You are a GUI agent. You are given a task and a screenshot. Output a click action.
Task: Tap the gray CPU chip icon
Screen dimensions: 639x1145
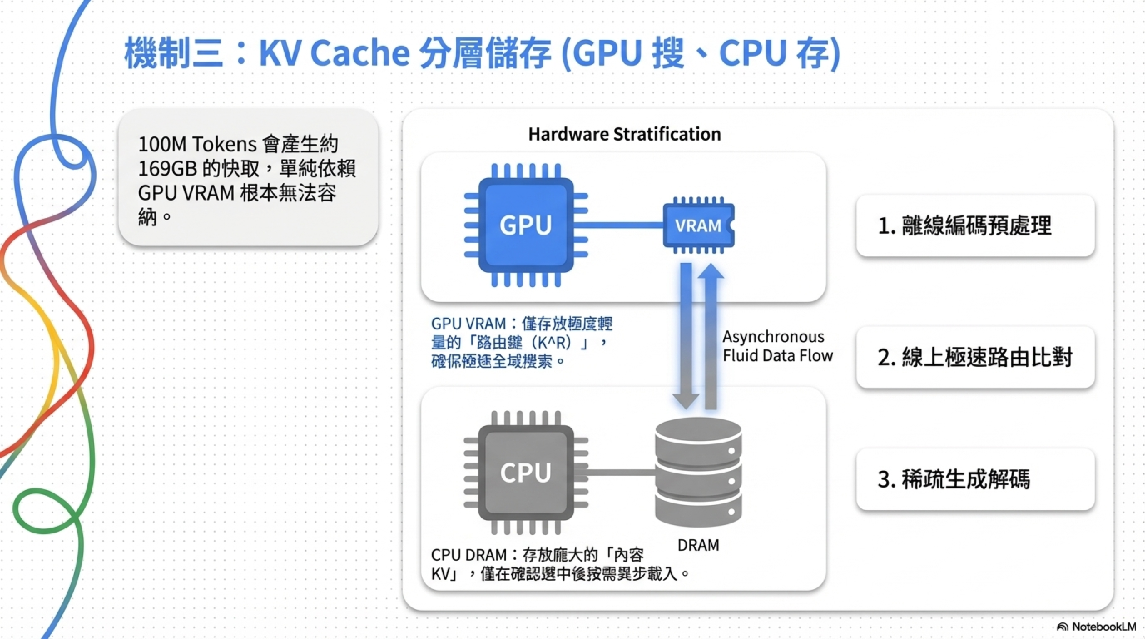(x=525, y=472)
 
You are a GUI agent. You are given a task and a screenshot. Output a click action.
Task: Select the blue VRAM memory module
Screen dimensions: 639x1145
(x=698, y=225)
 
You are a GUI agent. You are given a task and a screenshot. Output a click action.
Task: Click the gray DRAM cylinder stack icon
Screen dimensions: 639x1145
(x=698, y=472)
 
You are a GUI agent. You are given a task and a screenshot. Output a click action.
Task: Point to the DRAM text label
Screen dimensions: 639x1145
(x=698, y=545)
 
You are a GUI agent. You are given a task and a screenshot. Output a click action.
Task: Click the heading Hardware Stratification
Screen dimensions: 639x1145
(x=624, y=134)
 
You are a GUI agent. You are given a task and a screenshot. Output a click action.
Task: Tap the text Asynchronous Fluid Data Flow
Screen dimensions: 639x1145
(x=777, y=346)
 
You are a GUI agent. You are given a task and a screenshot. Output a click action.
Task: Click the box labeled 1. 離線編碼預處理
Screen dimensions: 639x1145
(x=975, y=226)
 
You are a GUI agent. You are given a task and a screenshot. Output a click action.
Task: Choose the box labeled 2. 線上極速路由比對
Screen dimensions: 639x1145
(x=975, y=357)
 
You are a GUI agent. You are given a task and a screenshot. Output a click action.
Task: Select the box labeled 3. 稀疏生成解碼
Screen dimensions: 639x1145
(x=975, y=479)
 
